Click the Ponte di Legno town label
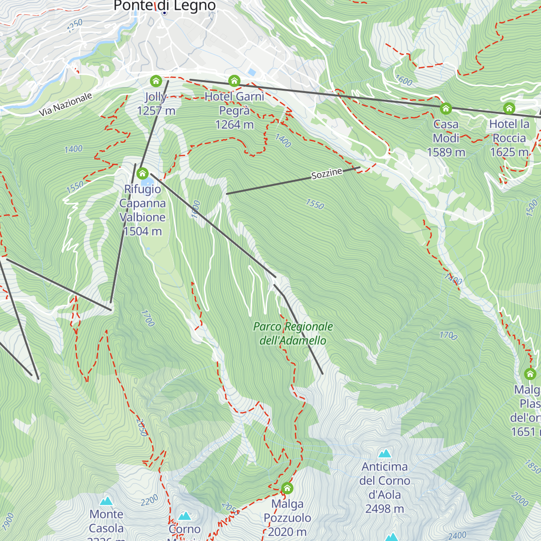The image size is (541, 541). pos(165,6)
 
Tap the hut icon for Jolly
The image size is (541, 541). pos(156,81)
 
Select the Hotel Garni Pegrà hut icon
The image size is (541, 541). pos(234,81)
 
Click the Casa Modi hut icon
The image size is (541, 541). pos(446,109)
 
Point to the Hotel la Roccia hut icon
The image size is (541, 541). pos(509,109)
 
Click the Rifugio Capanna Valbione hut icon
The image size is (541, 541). pos(142,173)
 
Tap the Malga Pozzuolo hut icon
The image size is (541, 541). pos(287,488)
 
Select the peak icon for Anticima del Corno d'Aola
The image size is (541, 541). pos(385,453)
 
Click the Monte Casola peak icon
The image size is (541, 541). pos(106,501)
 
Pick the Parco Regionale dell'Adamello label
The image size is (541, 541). pos(293,333)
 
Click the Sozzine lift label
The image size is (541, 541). pos(327,174)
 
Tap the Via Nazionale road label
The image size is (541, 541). pos(65,104)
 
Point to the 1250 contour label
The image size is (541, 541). pos(74,26)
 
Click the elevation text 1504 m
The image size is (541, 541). pos(142,231)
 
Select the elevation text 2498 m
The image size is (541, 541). pos(385,509)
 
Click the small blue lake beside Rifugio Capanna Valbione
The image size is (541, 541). pos(147,182)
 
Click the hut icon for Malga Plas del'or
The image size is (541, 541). pos(530,374)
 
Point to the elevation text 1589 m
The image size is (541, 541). pos(446,152)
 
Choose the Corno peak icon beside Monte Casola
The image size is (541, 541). pos(184,516)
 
